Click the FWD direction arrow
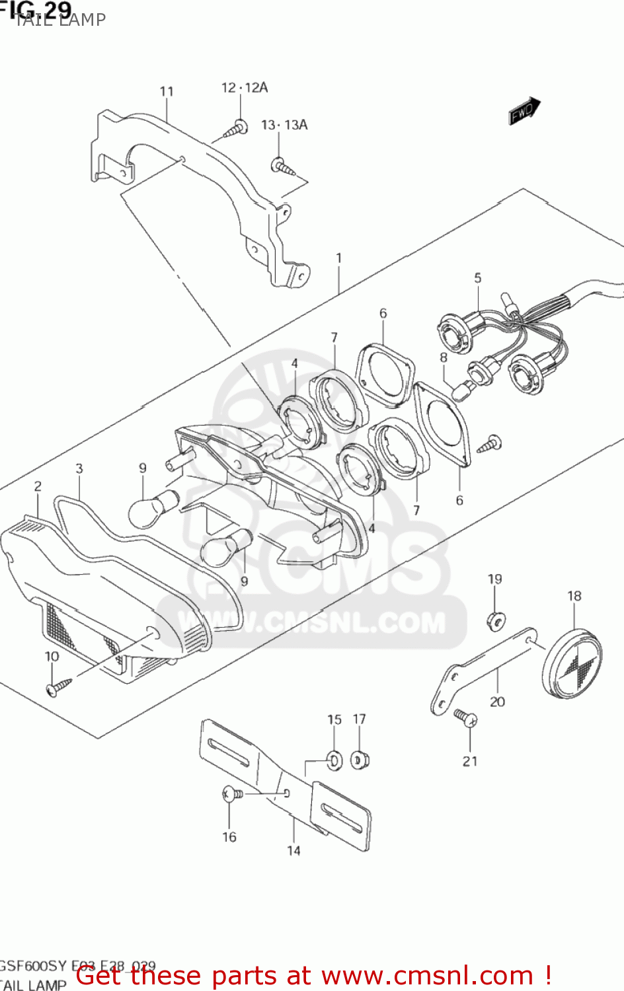coord(525,110)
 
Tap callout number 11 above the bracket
coord(167,91)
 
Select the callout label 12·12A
coord(244,87)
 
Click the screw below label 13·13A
coord(283,166)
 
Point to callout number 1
coord(338,258)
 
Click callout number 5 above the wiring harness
coord(477,278)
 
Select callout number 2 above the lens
coord(38,486)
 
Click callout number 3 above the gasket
coord(79,468)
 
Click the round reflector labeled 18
coord(572,663)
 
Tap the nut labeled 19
coord(496,619)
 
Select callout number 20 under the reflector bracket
coord(497,702)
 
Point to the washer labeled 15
coord(334,760)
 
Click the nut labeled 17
coord(360,760)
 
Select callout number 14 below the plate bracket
coord(293,851)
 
